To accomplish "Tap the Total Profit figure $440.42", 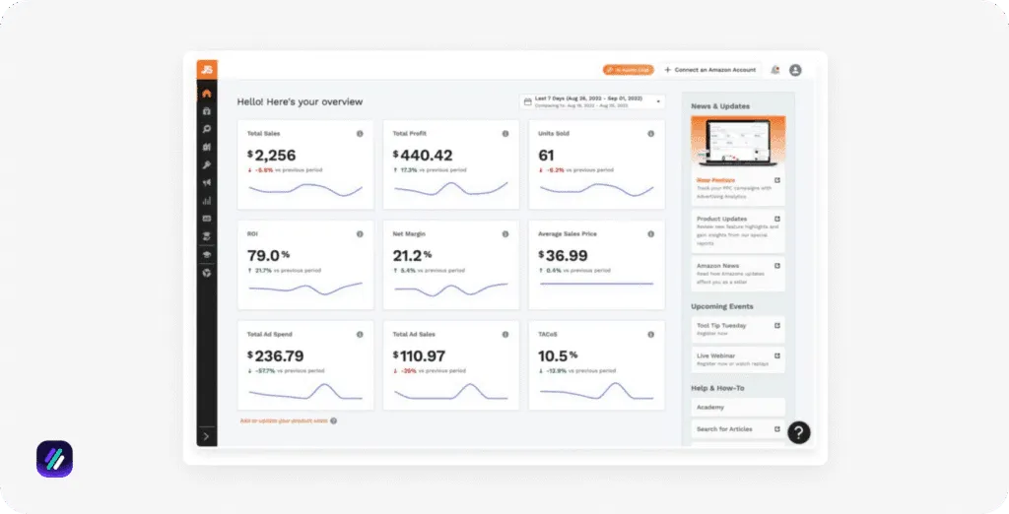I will click(424, 155).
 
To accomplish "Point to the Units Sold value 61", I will click(547, 155).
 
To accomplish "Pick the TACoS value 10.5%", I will click(557, 355).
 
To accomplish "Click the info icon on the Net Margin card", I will click(505, 234).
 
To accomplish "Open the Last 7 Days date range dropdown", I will click(592, 100).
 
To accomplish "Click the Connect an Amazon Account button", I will click(709, 70).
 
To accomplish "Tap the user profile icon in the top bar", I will click(795, 70).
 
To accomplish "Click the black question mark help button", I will click(799, 431).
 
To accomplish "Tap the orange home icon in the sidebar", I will click(207, 94).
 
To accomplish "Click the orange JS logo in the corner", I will click(207, 69).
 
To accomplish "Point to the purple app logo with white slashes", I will click(54, 460).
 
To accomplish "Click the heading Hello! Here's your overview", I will click(300, 101).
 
